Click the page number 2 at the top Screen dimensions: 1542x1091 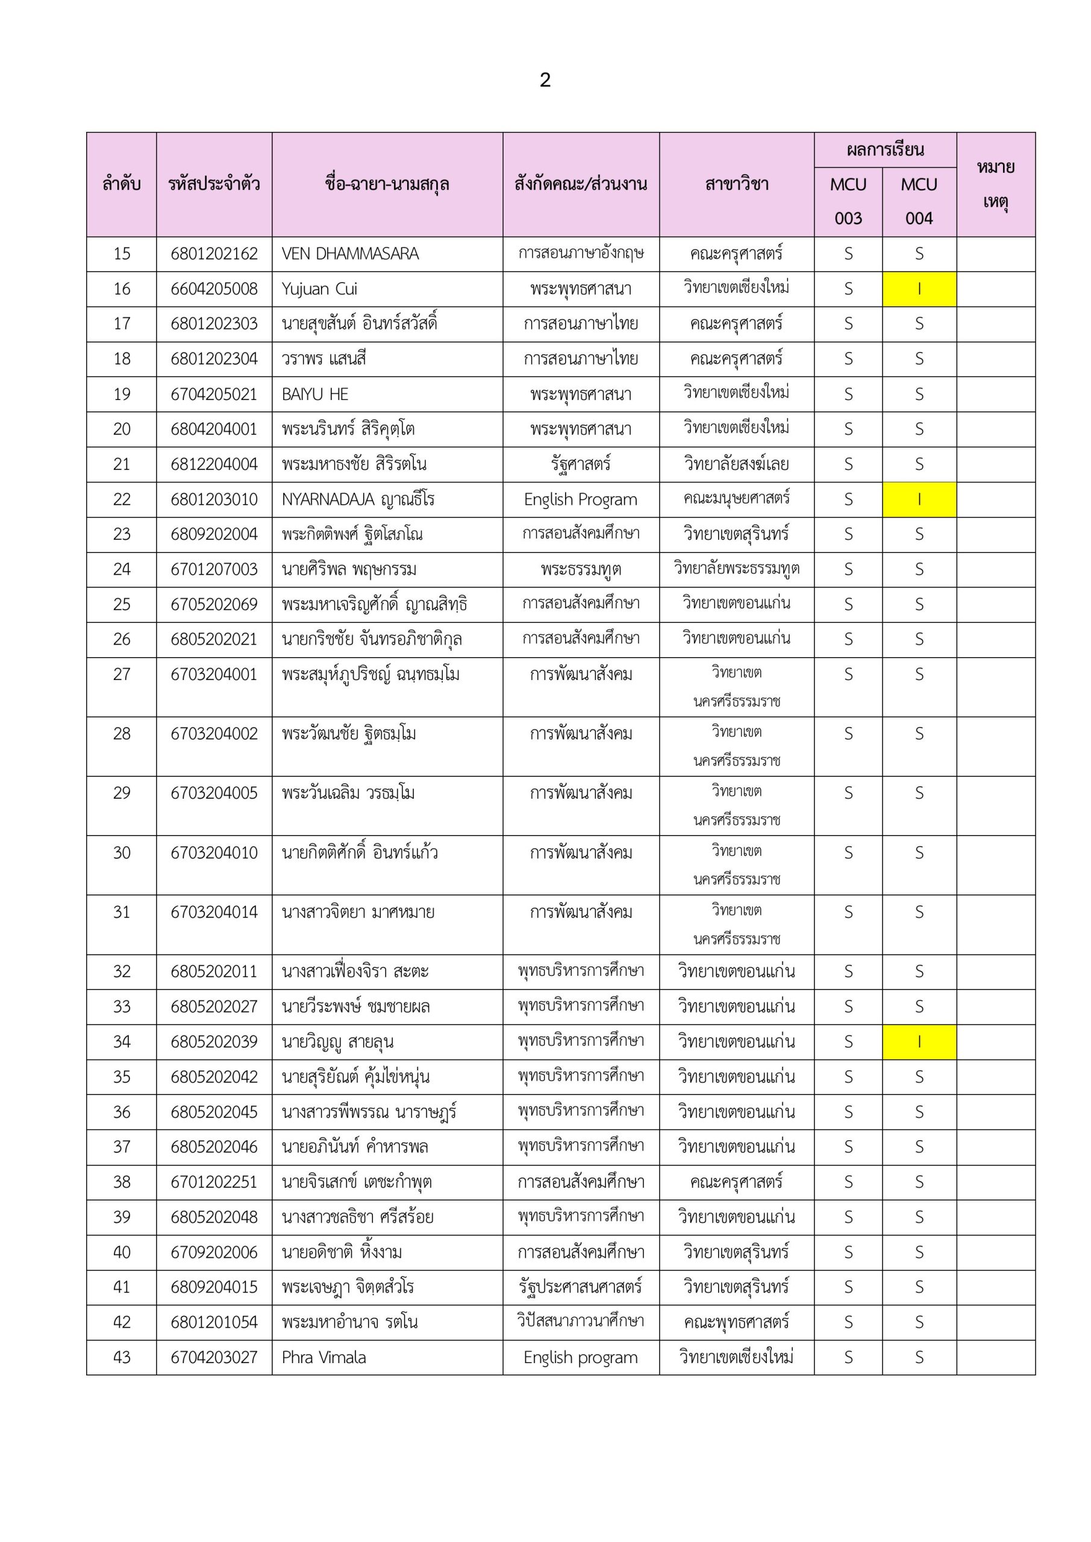click(545, 81)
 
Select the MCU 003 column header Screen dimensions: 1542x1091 click(848, 201)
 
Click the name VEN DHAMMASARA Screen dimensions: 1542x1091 click(350, 254)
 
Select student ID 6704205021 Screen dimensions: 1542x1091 click(214, 394)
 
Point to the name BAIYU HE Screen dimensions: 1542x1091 click(314, 394)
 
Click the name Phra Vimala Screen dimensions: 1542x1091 click(324, 1357)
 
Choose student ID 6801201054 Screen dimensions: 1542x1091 click(214, 1322)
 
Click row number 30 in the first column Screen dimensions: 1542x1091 click(122, 853)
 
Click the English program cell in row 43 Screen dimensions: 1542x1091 click(580, 1357)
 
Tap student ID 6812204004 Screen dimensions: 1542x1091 click(214, 464)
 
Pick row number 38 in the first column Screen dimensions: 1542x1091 click(122, 1182)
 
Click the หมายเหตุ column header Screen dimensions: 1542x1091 click(995, 184)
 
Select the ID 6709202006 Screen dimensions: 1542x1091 click(214, 1252)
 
